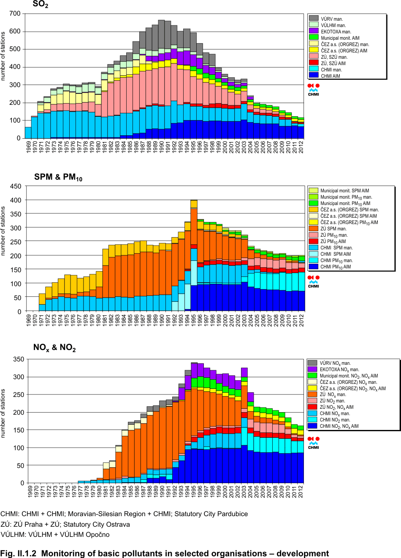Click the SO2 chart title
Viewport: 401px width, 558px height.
41,5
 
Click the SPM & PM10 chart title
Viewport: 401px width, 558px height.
58,177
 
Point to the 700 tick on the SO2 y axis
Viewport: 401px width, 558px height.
15,14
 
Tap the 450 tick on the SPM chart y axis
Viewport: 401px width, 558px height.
16,186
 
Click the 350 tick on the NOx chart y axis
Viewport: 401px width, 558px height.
19,359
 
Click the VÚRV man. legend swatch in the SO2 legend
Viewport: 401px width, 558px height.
314,19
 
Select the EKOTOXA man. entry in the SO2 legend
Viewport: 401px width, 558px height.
336,32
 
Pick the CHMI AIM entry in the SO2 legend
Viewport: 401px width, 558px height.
330,76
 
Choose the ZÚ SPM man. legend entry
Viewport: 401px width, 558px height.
333,229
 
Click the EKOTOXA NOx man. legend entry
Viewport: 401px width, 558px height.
339,369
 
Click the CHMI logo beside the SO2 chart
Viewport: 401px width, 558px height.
314,89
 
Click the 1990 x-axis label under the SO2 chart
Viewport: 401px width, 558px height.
162,147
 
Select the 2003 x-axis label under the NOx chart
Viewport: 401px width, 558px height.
244,492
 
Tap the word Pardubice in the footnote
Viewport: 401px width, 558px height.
232,514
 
